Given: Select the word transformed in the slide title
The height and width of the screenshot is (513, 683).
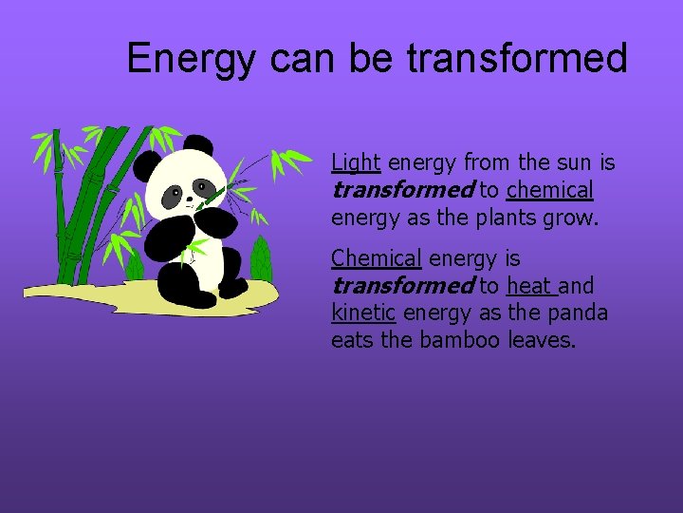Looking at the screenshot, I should click(x=517, y=58).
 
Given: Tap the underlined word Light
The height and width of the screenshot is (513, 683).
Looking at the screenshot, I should click(x=356, y=163).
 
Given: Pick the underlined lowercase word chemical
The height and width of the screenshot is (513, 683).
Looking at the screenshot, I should click(x=550, y=191).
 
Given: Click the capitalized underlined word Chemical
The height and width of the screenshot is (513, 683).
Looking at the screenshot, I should click(x=376, y=258).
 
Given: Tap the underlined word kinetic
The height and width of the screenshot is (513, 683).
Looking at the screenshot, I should click(x=363, y=313).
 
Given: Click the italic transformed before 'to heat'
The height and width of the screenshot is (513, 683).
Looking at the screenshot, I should click(x=401, y=285).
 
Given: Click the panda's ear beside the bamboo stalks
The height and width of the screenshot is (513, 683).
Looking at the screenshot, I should click(x=147, y=168).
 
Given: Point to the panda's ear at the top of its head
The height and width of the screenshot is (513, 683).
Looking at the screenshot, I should click(x=198, y=144).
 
